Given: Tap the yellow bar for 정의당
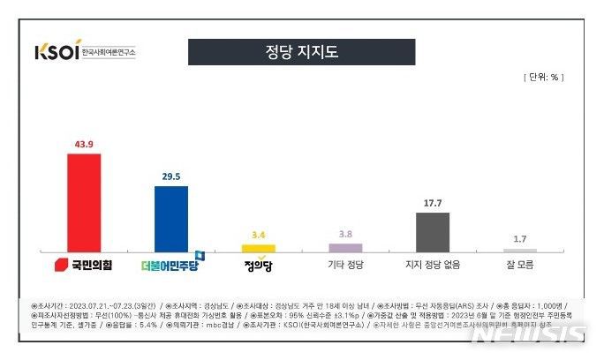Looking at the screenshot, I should click(259, 248).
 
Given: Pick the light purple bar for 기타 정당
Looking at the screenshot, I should click(345, 248).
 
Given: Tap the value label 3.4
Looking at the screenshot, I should click(259, 236).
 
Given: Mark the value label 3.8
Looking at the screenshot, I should click(345, 235).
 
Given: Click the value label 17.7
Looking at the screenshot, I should click(433, 203).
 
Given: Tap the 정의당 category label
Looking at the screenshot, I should click(260, 263).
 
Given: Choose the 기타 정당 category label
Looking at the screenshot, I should click(345, 263).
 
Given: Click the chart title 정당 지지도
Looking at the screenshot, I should click(301, 52).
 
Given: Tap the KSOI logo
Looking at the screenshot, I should click(57, 51).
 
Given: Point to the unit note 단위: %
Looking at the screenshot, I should click(540, 77).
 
